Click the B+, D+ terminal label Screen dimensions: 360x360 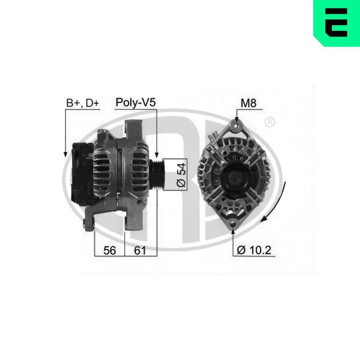click(x=82, y=103)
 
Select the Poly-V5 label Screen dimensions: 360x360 click(x=135, y=103)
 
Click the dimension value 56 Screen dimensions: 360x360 click(x=109, y=250)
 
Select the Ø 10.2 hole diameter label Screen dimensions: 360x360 click(x=254, y=250)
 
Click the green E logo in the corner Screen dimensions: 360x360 click(x=337, y=23)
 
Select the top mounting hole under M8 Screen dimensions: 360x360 click(x=237, y=126)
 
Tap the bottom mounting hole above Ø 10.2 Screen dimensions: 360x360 click(x=233, y=223)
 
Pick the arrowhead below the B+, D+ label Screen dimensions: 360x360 click(x=65, y=154)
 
